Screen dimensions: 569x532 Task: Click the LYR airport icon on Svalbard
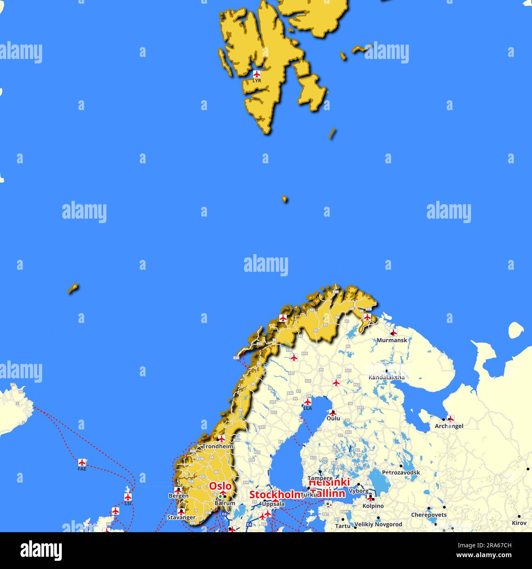click(x=257, y=74)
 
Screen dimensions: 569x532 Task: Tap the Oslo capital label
click(x=220, y=486)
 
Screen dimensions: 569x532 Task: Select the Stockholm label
click(x=275, y=494)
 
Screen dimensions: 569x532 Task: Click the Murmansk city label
click(x=392, y=340)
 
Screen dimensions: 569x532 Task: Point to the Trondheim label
click(x=217, y=447)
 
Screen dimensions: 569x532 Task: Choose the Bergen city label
click(x=178, y=496)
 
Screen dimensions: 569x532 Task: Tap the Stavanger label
click(x=181, y=517)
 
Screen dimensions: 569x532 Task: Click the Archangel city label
click(x=449, y=426)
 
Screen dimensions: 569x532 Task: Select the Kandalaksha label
click(x=387, y=377)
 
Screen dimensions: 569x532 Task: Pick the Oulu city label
click(x=333, y=419)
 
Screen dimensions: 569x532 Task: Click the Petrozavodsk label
click(x=401, y=472)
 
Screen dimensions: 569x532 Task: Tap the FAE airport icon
click(x=82, y=462)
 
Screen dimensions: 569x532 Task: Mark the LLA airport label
click(x=307, y=408)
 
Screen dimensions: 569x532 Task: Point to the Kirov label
click(x=519, y=523)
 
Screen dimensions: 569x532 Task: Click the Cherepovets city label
click(x=428, y=515)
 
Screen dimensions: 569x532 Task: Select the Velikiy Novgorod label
click(x=378, y=524)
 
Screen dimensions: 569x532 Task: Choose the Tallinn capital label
click(x=327, y=494)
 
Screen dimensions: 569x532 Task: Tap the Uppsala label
click(x=273, y=504)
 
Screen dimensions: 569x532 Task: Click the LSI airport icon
click(x=128, y=497)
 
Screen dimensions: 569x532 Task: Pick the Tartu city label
click(x=343, y=526)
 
